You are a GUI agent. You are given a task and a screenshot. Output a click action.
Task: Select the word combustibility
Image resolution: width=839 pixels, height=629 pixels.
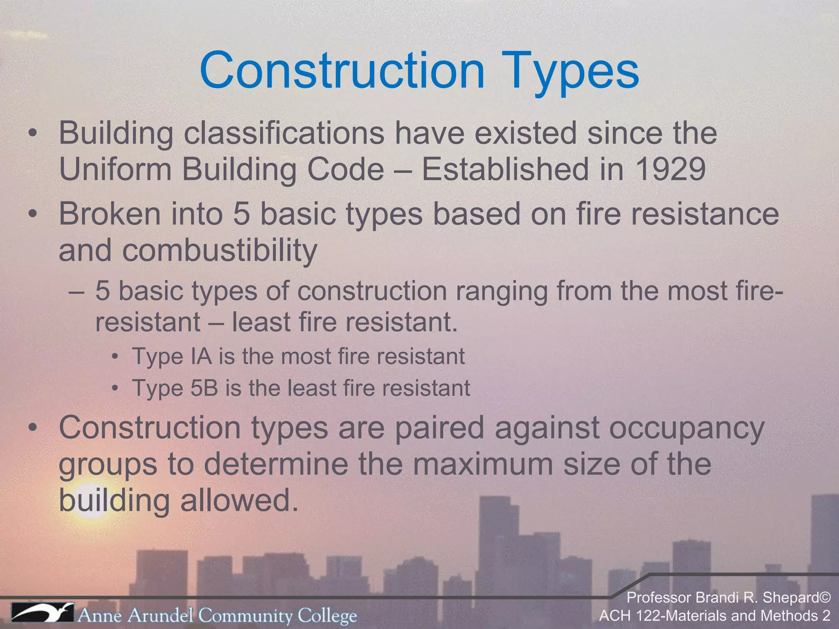219,250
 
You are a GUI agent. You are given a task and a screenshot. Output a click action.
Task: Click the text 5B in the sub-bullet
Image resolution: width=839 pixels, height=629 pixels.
204,388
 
